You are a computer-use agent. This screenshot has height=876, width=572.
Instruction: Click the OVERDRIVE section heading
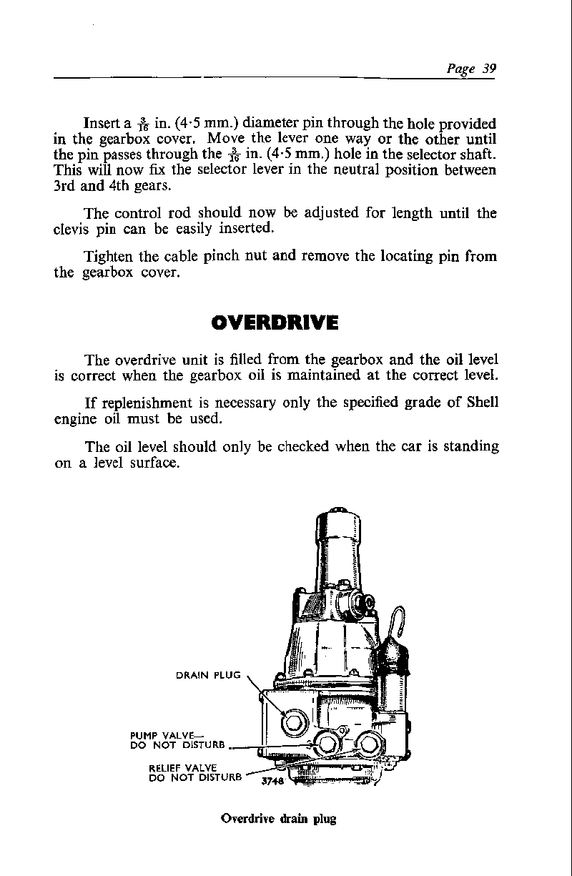[275, 323]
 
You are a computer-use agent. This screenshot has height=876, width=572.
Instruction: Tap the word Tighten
[109, 255]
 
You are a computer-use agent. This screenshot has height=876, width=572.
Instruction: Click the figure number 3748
[273, 781]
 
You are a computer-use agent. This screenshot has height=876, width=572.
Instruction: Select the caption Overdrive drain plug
[279, 819]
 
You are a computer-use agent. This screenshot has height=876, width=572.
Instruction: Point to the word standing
[468, 446]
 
